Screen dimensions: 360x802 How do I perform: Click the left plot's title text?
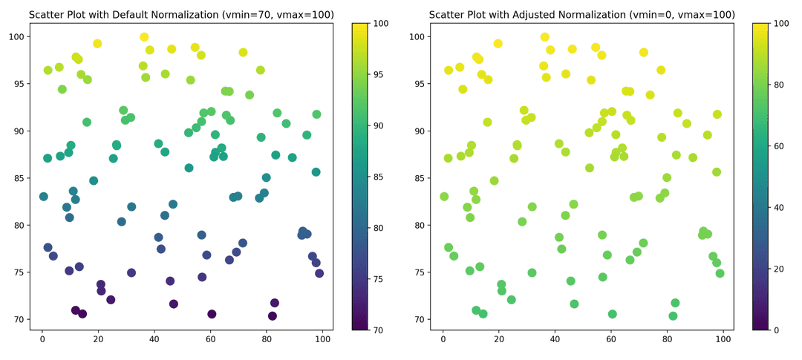[x=181, y=15]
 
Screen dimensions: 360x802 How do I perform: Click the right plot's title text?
[x=582, y=15]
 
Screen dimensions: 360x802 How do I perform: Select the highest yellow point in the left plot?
[x=144, y=37]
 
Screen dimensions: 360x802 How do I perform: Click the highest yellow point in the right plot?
[x=544, y=37]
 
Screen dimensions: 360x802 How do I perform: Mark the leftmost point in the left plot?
[x=44, y=197]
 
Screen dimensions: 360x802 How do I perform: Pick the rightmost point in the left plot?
[x=319, y=273]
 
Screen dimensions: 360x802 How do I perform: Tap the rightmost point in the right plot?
[x=720, y=273]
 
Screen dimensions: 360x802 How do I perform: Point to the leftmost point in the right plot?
[x=444, y=197]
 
